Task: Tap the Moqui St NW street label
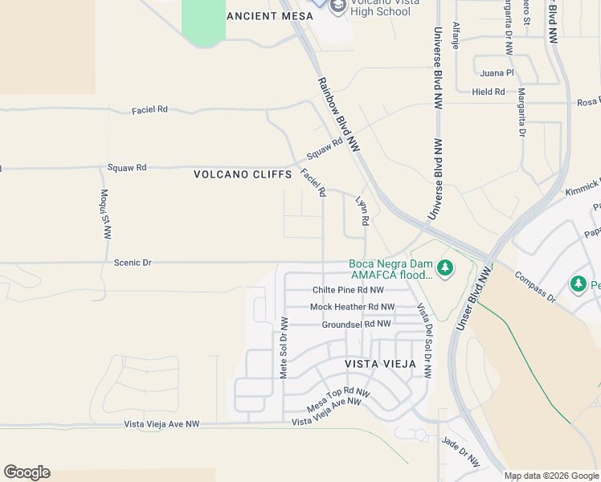coord(105,214)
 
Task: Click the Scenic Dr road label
coord(133,263)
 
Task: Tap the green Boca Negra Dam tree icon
coord(444,266)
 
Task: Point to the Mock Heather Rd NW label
coord(352,307)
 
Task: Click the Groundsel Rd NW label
coord(356,324)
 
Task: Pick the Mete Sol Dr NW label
coord(284,346)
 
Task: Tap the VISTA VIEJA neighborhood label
coord(380,364)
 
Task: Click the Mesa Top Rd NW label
coord(338,398)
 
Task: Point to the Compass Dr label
coord(534,287)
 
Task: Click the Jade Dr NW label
coord(460,452)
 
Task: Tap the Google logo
coord(27,472)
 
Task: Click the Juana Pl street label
coord(497,73)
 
